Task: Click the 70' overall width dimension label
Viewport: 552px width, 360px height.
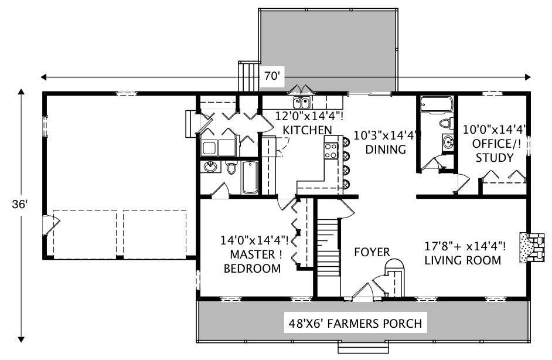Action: [x=273, y=76]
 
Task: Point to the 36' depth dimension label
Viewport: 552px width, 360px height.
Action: [x=21, y=204]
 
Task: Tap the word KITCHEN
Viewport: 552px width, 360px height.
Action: [x=307, y=130]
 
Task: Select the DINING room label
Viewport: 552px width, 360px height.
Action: [x=386, y=150]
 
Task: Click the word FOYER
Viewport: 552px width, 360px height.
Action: [x=372, y=252]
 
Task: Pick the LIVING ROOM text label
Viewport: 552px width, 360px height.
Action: [x=463, y=260]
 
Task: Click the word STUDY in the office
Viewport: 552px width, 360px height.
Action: [x=495, y=158]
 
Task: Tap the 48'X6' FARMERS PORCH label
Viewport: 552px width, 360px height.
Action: [x=355, y=323]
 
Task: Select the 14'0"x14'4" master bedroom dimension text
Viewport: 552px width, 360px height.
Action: [x=254, y=240]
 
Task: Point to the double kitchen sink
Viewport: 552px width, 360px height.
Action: [x=302, y=104]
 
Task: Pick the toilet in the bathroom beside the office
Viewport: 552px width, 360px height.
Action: [x=447, y=123]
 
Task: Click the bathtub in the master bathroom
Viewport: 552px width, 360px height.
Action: [x=250, y=177]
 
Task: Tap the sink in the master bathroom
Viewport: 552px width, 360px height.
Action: [x=210, y=168]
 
